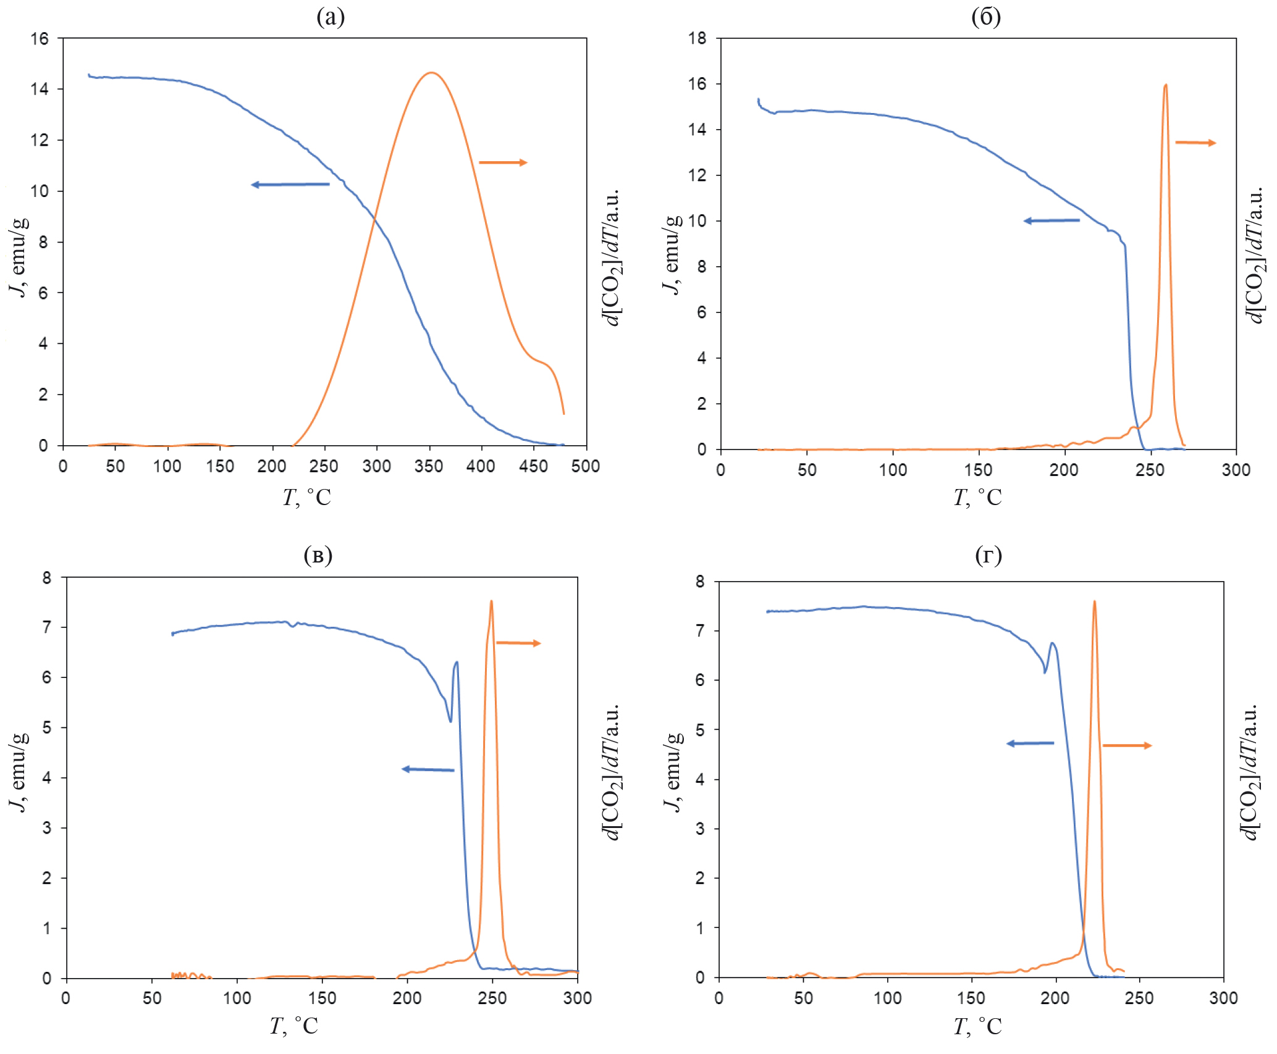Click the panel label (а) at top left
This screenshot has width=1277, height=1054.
[331, 17]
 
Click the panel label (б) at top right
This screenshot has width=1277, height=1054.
[986, 17]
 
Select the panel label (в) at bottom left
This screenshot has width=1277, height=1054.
[318, 556]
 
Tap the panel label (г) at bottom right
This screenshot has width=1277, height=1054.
[988, 556]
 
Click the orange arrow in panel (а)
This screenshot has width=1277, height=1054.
[503, 162]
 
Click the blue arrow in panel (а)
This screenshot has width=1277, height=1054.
[290, 184]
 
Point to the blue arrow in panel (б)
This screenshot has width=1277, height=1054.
[1052, 220]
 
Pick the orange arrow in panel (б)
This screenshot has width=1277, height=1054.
[1195, 143]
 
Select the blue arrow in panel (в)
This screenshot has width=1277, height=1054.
[428, 769]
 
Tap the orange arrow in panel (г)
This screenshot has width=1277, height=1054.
[1127, 745]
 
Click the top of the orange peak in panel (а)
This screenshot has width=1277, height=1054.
[431, 73]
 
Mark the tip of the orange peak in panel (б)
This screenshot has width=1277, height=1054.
[1166, 85]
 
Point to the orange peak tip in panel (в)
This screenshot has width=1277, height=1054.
[491, 601]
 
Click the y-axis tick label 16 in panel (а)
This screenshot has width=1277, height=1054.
[39, 39]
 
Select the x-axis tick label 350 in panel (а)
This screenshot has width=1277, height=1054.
[429, 467]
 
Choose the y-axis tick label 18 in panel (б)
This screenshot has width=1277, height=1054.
[698, 38]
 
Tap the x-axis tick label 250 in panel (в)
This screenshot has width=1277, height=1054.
[492, 998]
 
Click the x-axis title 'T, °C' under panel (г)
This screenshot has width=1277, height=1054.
[977, 1027]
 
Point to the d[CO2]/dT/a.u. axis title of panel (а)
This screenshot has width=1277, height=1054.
[612, 257]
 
